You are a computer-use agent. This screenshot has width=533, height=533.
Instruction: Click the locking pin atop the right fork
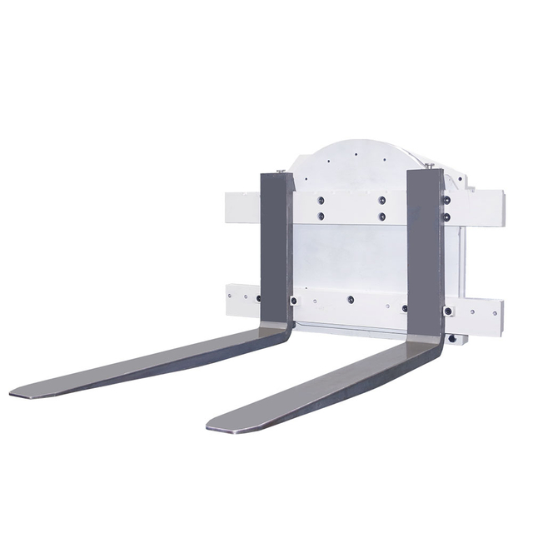pyautogui.click(x=432, y=168)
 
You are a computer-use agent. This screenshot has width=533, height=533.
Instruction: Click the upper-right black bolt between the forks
pyautogui.click(x=381, y=200)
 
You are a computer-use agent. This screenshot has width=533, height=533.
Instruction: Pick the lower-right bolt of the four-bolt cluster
pyautogui.click(x=381, y=217)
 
